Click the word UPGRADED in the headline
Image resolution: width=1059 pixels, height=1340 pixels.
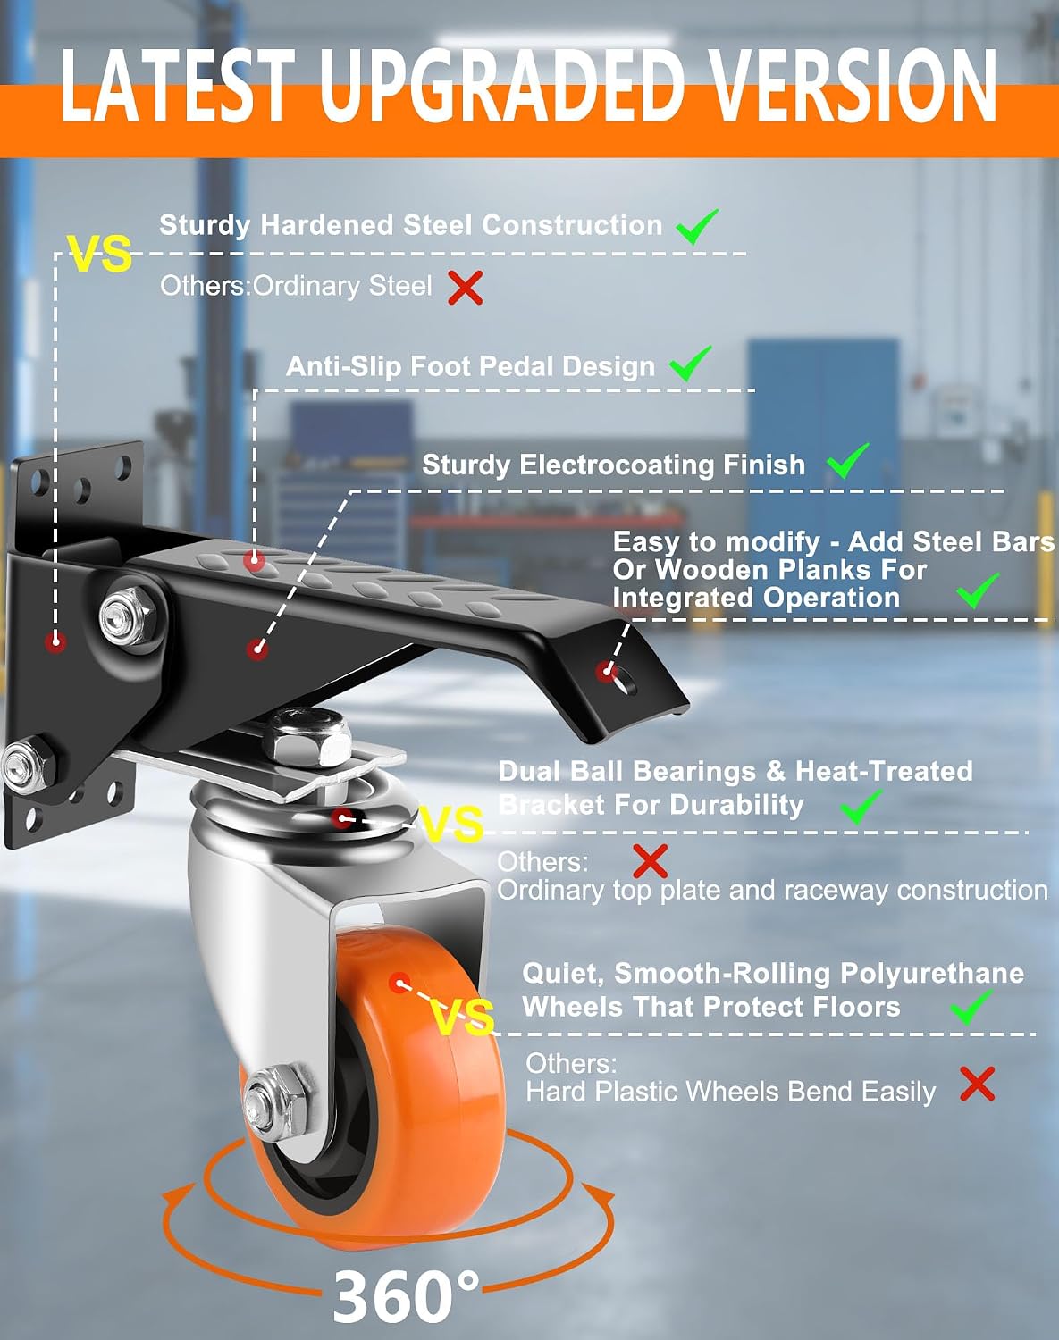click(503, 85)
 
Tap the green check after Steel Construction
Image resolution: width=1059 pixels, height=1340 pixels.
click(697, 226)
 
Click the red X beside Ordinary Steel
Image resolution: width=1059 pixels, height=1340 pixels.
click(466, 287)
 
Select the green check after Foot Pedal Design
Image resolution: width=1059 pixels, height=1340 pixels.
click(690, 364)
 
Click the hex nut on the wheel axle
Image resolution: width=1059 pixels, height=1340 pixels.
click(274, 1094)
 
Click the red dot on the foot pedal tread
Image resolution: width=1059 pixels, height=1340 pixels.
click(254, 562)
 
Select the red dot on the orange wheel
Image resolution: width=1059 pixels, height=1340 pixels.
click(399, 984)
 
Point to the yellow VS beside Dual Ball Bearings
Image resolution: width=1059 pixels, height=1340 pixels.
click(452, 825)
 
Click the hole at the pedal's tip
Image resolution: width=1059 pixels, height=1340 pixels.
click(624, 682)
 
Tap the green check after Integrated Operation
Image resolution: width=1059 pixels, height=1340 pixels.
click(978, 591)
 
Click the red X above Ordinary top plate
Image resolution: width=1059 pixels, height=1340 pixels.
click(651, 862)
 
